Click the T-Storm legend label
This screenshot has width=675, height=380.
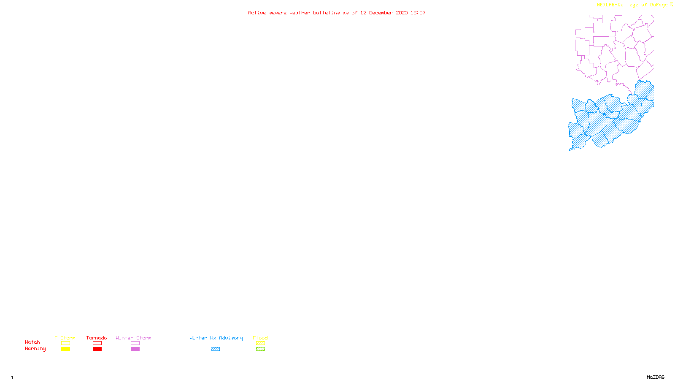tap(65, 338)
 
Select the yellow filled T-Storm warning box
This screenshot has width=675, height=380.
tap(65, 349)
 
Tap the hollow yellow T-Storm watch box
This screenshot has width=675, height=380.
tap(65, 343)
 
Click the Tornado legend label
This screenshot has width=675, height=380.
tap(97, 338)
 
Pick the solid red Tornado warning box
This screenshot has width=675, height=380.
tap(97, 349)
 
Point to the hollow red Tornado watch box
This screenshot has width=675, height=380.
tap(97, 343)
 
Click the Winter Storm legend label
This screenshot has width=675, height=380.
tap(133, 338)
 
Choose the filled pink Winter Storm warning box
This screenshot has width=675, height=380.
tap(135, 349)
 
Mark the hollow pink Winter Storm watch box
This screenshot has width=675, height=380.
tap(135, 343)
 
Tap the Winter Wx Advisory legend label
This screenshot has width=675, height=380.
tap(216, 338)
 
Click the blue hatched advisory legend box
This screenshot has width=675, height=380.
tap(215, 349)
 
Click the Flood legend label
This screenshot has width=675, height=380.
tap(260, 338)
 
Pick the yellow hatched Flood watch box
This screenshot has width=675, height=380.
tap(260, 343)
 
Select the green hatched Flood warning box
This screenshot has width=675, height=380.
tap(260, 349)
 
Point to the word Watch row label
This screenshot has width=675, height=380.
tap(32, 342)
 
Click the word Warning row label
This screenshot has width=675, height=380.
tap(35, 349)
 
